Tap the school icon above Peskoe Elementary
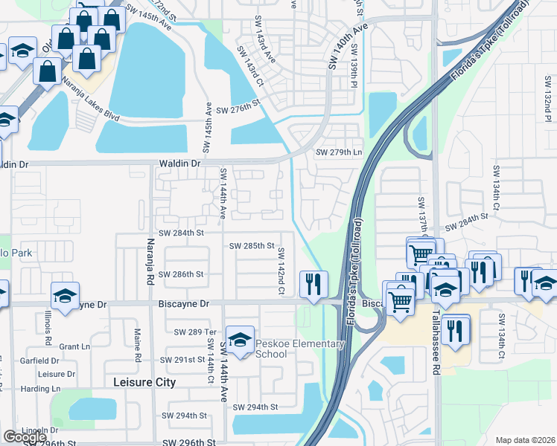pyautogui.click(x=240, y=340)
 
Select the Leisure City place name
pyautogui.click(x=144, y=382)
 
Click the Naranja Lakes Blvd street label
pyautogui.click(x=90, y=100)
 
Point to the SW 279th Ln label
pyautogui.click(x=338, y=152)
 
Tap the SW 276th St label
pyautogui.click(x=241, y=110)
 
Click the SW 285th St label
pyautogui.click(x=252, y=245)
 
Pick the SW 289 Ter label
pyautogui.click(x=194, y=332)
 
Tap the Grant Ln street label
pyautogui.click(x=74, y=346)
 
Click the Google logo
pyautogui.click(x=25, y=437)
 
